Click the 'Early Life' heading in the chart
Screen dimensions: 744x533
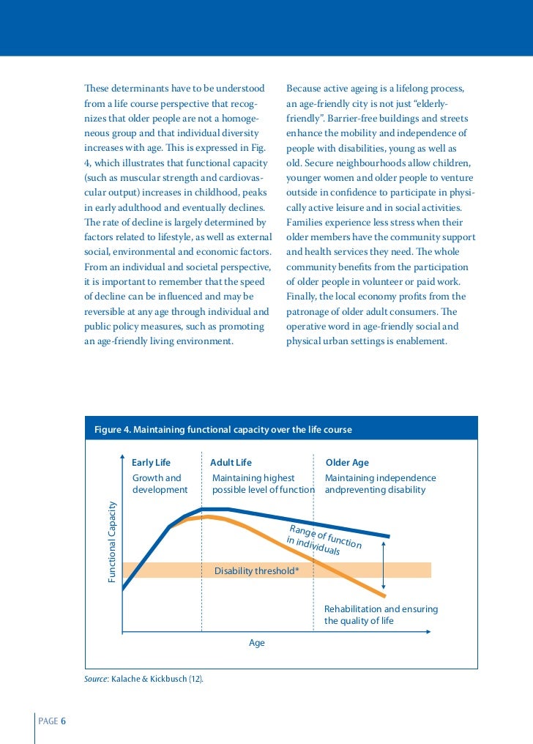tap(151, 463)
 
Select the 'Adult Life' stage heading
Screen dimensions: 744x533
tap(231, 463)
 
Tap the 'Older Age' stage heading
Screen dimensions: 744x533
tap(347, 463)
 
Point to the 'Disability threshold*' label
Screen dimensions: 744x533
tap(256, 571)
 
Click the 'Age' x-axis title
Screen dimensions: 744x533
tap(257, 643)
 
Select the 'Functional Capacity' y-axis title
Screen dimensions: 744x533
tap(113, 542)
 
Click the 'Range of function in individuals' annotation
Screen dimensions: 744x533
tap(323, 540)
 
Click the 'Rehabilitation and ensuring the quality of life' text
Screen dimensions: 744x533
tap(381, 615)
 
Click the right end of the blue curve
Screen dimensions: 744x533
tap(388, 537)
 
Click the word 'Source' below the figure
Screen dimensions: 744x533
tap(96, 679)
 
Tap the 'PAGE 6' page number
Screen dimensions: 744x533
tap(52, 721)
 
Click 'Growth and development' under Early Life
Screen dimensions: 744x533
tap(160, 484)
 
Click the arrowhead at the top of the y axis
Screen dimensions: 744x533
tap(122, 460)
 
